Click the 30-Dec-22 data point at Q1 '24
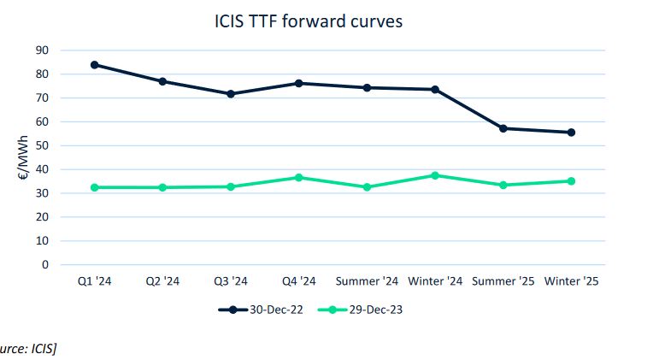point(94,65)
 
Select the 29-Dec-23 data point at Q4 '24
point(298,177)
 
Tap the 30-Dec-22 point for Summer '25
point(503,128)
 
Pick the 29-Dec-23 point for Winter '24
point(435,175)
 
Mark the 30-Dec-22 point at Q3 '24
point(231,94)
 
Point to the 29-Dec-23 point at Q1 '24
point(94,187)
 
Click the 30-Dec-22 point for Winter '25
point(571,133)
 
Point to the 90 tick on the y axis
point(42,50)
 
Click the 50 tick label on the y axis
point(42,145)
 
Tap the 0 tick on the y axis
point(45,264)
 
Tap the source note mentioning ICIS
point(29,347)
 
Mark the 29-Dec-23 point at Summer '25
point(503,185)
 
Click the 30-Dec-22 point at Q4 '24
point(298,83)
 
